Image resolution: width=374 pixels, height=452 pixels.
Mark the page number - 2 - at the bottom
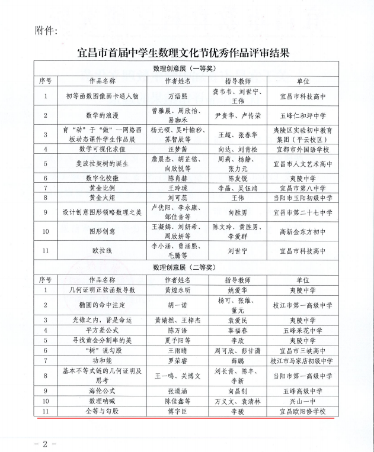pos(43,441)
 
